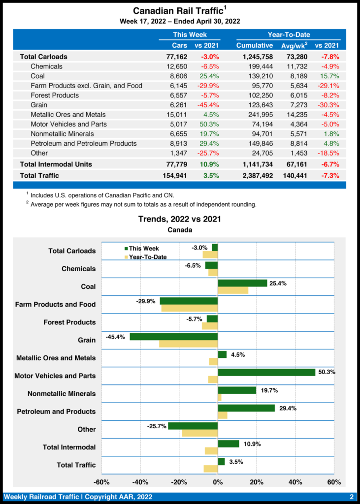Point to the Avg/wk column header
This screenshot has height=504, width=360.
point(295,46)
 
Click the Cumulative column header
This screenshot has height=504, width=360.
point(255,46)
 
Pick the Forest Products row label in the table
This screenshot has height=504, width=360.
point(54,95)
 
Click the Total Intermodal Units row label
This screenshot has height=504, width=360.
point(56,164)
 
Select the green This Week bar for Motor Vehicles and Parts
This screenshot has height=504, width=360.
point(266,372)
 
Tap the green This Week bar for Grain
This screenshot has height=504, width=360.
point(173,337)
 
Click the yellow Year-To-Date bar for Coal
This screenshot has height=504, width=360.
point(233,291)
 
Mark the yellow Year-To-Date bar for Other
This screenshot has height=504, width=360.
point(199,433)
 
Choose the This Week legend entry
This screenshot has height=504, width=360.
point(143,249)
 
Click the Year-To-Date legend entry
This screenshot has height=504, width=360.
point(147,257)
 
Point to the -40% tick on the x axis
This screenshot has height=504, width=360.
point(140,482)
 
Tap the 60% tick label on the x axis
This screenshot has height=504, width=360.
point(333,482)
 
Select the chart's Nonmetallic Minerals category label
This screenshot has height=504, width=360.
point(62,394)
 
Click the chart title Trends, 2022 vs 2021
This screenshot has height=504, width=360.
point(179,219)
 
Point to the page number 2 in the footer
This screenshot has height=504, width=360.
point(352,497)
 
